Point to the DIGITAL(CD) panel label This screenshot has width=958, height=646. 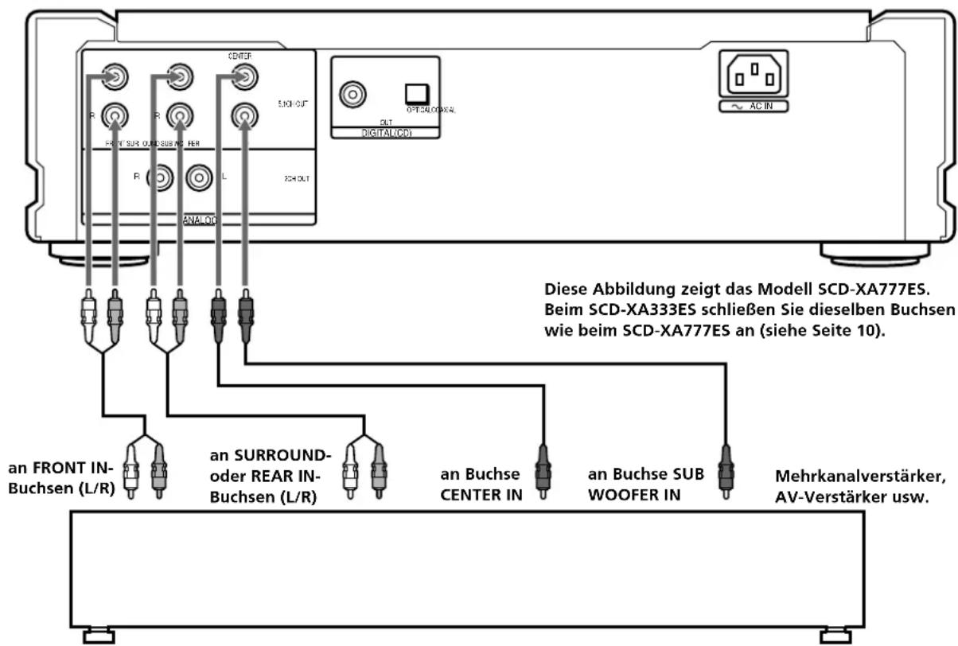coord(385,132)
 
